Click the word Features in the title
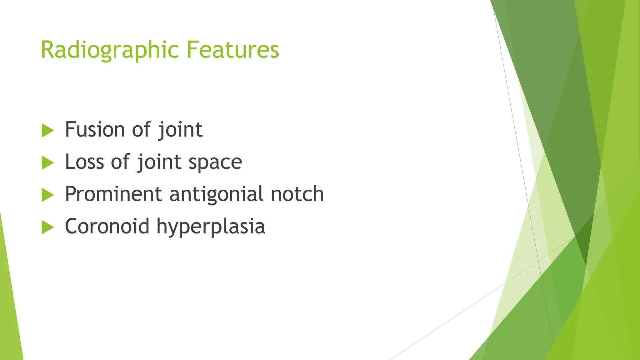(x=232, y=50)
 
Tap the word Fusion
(x=95, y=129)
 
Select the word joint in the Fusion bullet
(x=180, y=130)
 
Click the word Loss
(x=84, y=162)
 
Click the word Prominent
(x=113, y=194)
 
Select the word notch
(x=297, y=194)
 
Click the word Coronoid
(x=107, y=226)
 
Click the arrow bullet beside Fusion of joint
(x=47, y=130)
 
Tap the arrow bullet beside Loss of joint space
(x=47, y=163)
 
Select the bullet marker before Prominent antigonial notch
(x=47, y=195)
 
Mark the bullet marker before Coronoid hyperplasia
(x=47, y=227)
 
